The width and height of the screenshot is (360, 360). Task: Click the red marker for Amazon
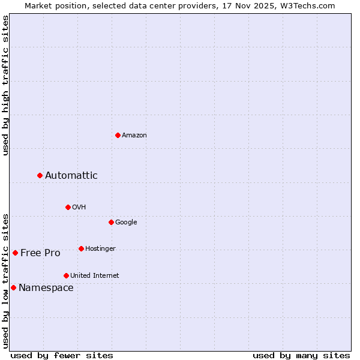118,135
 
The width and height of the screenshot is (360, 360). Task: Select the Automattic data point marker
40,175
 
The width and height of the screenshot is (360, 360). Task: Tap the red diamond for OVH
68,207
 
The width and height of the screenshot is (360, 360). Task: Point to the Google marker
111,222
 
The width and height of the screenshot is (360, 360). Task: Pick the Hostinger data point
81,248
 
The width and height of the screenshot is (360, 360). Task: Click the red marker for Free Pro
15,253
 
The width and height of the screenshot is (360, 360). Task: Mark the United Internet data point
66,275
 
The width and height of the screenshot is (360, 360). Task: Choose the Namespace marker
13,287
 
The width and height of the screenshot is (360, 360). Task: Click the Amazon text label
134,136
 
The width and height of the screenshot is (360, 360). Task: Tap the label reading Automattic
71,176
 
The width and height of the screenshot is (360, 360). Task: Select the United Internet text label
95,276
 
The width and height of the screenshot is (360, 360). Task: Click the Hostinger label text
100,249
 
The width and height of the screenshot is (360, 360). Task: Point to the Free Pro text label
40,253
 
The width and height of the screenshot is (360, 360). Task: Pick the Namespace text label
46,288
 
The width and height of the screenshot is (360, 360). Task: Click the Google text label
126,223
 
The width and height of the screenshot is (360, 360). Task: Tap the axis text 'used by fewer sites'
62,355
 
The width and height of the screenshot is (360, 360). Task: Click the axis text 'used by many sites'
301,355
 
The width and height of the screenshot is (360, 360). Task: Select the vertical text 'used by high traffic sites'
5,85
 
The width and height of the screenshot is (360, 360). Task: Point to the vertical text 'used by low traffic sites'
5,280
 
